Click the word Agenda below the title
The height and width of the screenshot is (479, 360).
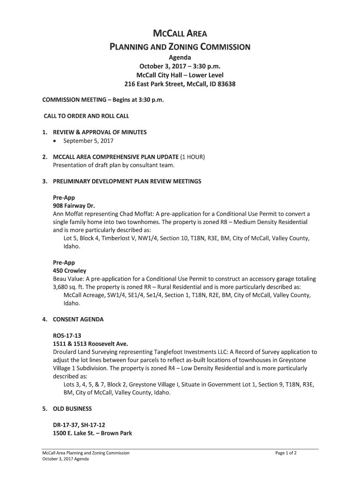click(180, 57)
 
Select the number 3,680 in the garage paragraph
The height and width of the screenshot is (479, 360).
click(63, 287)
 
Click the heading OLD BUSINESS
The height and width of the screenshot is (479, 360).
click(73, 408)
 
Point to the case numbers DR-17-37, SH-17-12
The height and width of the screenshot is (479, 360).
click(82, 425)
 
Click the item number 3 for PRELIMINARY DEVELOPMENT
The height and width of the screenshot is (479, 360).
click(44, 181)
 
